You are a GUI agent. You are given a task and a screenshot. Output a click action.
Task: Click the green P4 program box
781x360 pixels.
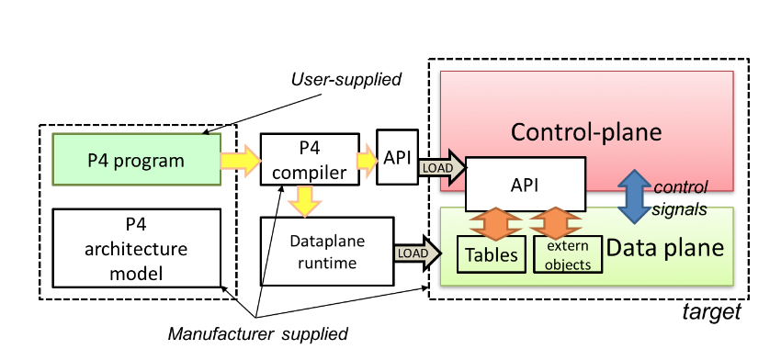pyautogui.click(x=136, y=160)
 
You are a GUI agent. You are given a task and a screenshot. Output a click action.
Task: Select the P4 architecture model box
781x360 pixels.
pyautogui.click(x=136, y=248)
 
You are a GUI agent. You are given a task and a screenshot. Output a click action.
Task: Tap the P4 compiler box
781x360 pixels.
pyautogui.click(x=309, y=159)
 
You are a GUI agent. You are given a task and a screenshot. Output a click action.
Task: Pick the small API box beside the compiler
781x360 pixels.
pyautogui.click(x=397, y=157)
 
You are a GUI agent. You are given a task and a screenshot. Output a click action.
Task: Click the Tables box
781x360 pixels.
pyautogui.click(x=489, y=254)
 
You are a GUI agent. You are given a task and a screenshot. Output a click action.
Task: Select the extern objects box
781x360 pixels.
pyautogui.click(x=569, y=254)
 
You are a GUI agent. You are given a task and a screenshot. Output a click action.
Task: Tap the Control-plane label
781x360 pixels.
pyautogui.click(x=586, y=131)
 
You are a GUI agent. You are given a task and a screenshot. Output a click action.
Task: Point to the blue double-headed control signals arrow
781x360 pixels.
pyautogui.click(x=633, y=195)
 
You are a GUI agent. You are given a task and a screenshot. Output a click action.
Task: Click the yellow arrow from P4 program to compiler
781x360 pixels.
pyautogui.click(x=241, y=160)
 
